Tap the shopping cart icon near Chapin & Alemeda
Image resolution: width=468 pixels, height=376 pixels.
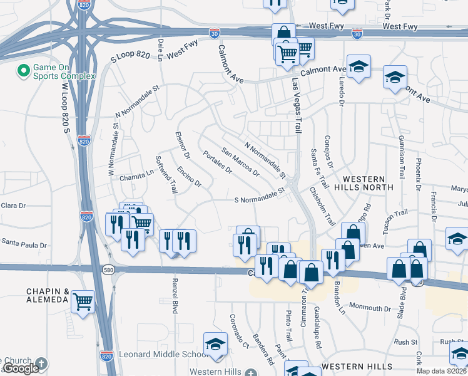tap(83, 302)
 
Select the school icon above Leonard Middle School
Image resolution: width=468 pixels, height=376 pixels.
tap(215, 345)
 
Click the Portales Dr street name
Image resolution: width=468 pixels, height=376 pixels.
tap(217, 166)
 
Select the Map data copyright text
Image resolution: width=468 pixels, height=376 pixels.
tap(442, 371)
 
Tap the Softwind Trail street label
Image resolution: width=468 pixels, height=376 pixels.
tap(166, 174)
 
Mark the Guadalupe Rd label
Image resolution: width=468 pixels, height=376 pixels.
tap(318, 329)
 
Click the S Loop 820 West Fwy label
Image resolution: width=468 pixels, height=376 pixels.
tap(150, 54)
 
